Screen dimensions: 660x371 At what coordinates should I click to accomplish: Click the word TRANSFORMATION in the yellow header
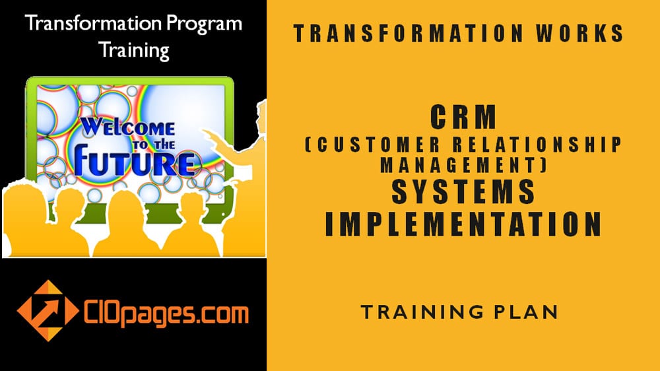click(x=408, y=33)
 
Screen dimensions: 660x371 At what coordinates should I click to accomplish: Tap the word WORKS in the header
click(x=579, y=33)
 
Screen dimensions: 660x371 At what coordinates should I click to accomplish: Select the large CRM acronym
click(x=463, y=117)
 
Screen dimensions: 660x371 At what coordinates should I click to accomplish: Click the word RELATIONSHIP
click(x=537, y=145)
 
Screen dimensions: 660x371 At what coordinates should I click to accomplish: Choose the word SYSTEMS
click(x=463, y=191)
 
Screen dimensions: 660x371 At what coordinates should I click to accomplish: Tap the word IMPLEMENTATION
click(x=463, y=224)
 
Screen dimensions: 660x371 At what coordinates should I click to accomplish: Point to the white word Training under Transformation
click(x=134, y=50)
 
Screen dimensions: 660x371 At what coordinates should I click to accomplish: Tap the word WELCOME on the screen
click(x=127, y=127)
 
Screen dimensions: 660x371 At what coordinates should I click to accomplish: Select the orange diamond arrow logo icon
click(x=48, y=311)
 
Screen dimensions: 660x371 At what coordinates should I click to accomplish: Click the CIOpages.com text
click(x=166, y=314)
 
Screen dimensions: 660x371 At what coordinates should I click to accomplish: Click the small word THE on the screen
click(x=164, y=145)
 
